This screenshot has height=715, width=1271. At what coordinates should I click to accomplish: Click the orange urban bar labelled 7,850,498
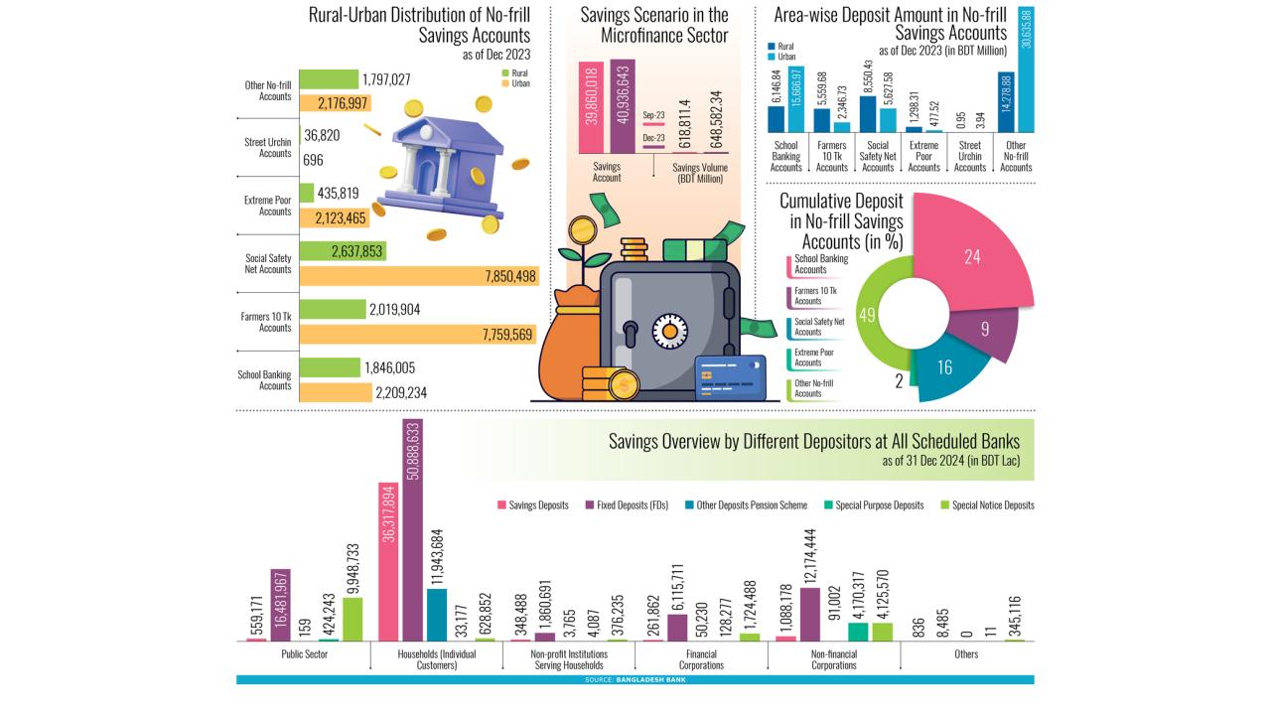pyautogui.click(x=417, y=276)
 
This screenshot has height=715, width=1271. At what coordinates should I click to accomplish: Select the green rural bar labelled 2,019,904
pyautogui.click(x=331, y=310)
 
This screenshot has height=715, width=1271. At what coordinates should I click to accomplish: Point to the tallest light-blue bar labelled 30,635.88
pyautogui.click(x=1026, y=70)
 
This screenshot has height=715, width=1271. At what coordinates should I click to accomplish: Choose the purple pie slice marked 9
pyautogui.click(x=983, y=328)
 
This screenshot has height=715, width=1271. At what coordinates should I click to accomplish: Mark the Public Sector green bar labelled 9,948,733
pyautogui.click(x=353, y=619)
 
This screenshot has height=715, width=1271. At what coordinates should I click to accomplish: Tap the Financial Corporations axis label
pyautogui.click(x=701, y=659)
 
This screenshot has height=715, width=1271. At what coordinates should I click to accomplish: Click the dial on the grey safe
pyautogui.click(x=668, y=331)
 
